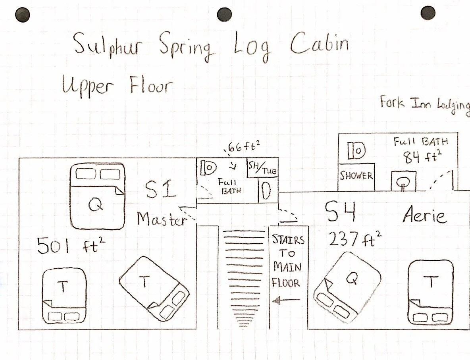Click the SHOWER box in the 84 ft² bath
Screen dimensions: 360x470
(356, 176)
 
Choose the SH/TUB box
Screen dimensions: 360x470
(262, 169)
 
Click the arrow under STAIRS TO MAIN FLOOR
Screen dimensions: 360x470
(287, 301)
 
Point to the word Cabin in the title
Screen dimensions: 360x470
(319, 44)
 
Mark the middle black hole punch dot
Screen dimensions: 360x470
(224, 14)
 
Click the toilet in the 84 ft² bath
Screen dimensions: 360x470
(403, 182)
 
